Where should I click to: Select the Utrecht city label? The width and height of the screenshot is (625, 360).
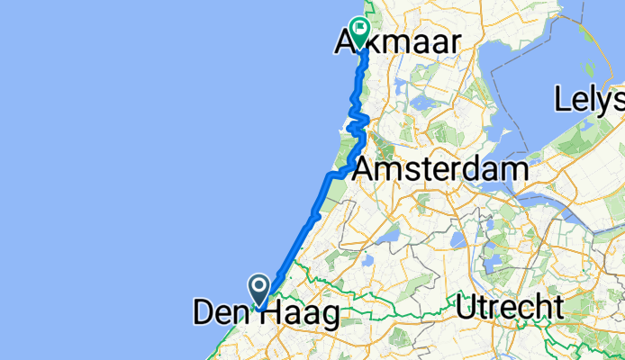pos(510,308)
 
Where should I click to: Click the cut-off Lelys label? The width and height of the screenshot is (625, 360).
pos(589,98)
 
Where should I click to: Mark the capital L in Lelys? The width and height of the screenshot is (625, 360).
pos(563,98)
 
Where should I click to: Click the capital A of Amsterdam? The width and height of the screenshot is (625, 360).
pos(366,169)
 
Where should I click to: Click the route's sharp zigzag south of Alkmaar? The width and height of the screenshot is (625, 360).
pos(359,121)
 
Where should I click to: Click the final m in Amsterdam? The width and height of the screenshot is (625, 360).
pos(513,170)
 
